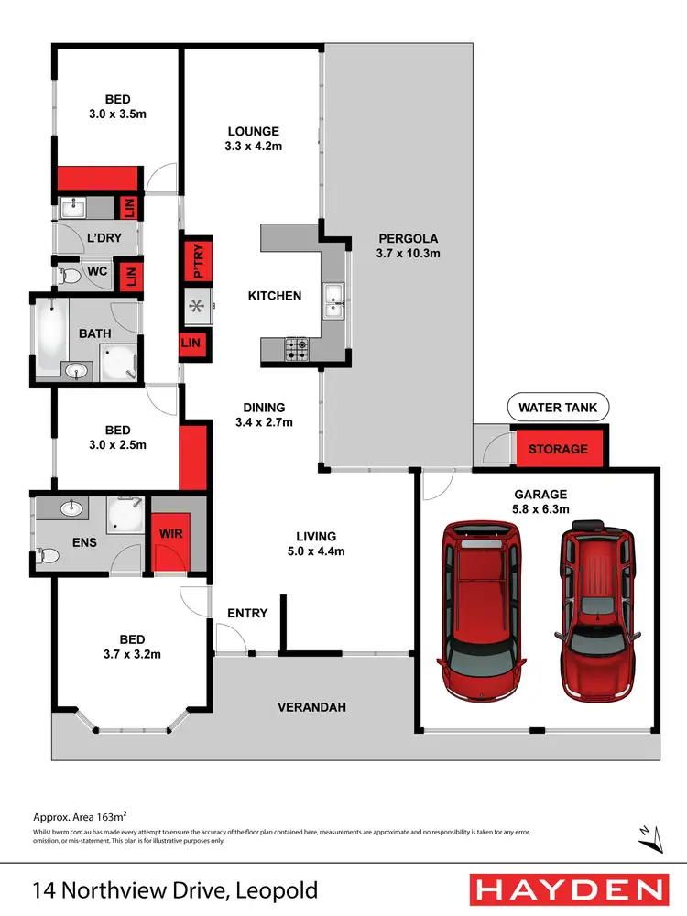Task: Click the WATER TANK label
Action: [x=558, y=408]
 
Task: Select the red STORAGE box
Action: [x=558, y=449]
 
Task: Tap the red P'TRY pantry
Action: [x=194, y=260]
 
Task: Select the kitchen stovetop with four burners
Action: [x=298, y=348]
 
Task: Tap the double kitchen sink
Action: [x=334, y=300]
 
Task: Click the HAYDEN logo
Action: [x=568, y=889]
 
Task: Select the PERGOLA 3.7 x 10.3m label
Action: [x=409, y=246]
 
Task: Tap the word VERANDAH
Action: [x=312, y=707]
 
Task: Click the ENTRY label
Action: [x=247, y=613]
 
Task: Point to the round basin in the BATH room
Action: [x=77, y=371]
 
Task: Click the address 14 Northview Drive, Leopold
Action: [x=175, y=889]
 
